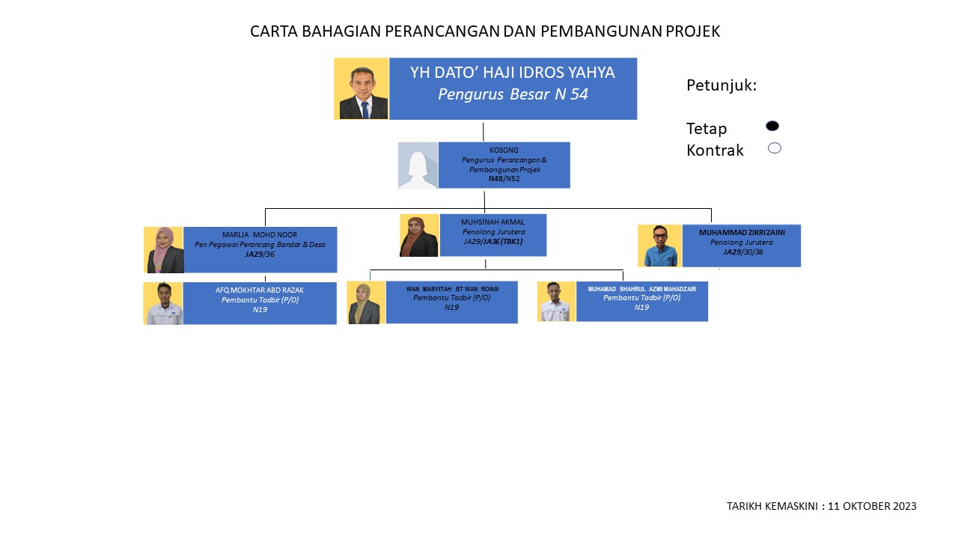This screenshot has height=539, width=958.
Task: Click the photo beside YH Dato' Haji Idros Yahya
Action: (x=361, y=88)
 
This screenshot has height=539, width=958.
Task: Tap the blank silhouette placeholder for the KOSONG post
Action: (x=418, y=165)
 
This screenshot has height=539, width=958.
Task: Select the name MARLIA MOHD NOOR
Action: (x=260, y=235)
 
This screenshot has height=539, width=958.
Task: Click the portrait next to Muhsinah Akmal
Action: (x=419, y=235)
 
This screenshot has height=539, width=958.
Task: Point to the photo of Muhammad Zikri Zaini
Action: (x=660, y=246)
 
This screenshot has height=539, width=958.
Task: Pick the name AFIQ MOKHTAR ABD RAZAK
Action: (x=260, y=290)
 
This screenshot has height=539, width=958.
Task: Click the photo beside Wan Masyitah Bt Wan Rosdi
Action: (x=366, y=302)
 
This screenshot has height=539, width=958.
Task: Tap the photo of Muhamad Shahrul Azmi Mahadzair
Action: (x=556, y=301)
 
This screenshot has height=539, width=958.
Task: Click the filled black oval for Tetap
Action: (x=772, y=126)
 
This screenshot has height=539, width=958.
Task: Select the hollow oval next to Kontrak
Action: (x=775, y=148)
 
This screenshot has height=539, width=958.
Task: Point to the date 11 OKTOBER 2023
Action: (x=872, y=506)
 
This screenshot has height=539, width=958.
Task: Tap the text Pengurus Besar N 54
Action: (x=513, y=94)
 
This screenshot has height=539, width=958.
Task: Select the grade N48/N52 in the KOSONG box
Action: (x=504, y=179)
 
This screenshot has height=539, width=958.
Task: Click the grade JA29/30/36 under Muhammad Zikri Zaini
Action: (x=743, y=252)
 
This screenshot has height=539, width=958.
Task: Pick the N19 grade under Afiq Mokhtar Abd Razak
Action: (x=260, y=310)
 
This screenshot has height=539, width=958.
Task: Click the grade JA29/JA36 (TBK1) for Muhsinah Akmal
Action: (x=493, y=241)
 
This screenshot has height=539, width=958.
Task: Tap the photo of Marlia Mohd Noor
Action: (x=164, y=250)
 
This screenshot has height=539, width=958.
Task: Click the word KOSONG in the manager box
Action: (x=504, y=150)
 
